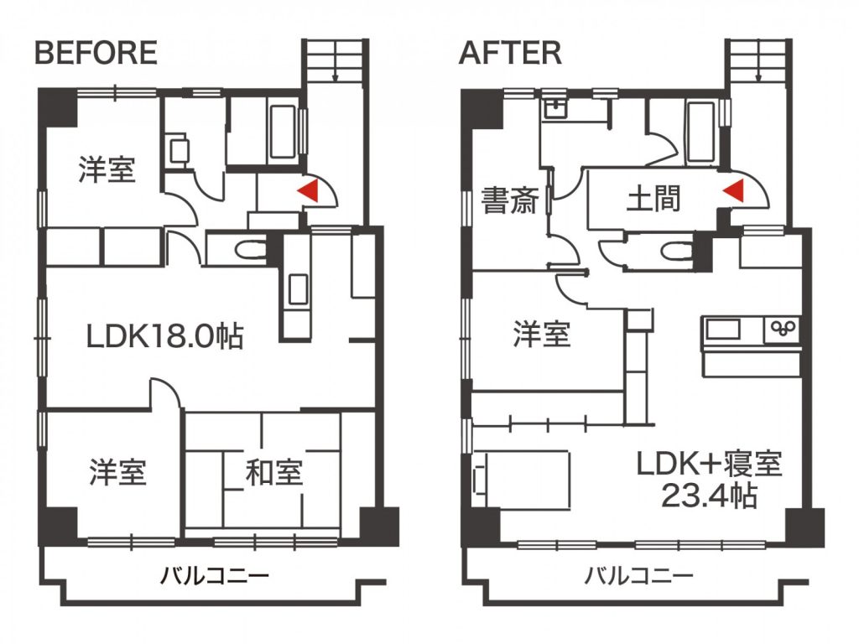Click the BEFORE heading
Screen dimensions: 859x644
96,53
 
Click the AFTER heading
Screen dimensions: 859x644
510,53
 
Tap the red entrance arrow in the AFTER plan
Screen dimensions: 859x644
732,190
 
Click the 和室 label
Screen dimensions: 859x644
274,473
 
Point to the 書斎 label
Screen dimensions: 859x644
510,200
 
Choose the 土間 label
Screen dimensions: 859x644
653,198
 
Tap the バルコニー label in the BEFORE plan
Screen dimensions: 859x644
215,575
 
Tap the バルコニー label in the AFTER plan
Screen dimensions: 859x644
638,575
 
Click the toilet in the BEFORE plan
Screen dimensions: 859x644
250,250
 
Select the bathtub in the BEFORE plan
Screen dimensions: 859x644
284,132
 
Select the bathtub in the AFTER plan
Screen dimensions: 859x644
701,132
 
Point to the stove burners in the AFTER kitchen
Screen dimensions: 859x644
783,328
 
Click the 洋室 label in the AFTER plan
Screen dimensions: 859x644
542,334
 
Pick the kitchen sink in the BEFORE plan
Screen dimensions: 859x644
298,288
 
